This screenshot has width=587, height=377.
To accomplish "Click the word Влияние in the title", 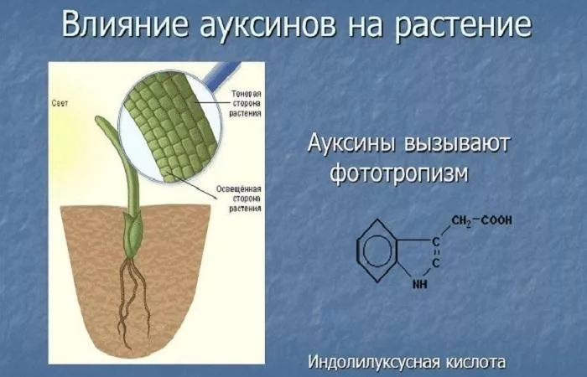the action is click(126, 25).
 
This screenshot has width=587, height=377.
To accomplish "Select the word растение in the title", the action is click(462, 26).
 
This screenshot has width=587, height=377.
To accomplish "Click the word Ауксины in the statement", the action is click(351, 142).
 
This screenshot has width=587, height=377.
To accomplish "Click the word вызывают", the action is click(457, 143).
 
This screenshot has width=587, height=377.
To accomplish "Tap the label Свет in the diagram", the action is click(60, 103).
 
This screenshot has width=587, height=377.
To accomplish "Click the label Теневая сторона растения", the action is click(246, 103).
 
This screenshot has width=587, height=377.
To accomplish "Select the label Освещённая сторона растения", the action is click(239, 199).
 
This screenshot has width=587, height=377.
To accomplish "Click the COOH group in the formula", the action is click(496, 219).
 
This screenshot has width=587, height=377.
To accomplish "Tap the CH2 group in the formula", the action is click(461, 220).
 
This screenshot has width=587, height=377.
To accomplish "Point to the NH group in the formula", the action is click(419, 284).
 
